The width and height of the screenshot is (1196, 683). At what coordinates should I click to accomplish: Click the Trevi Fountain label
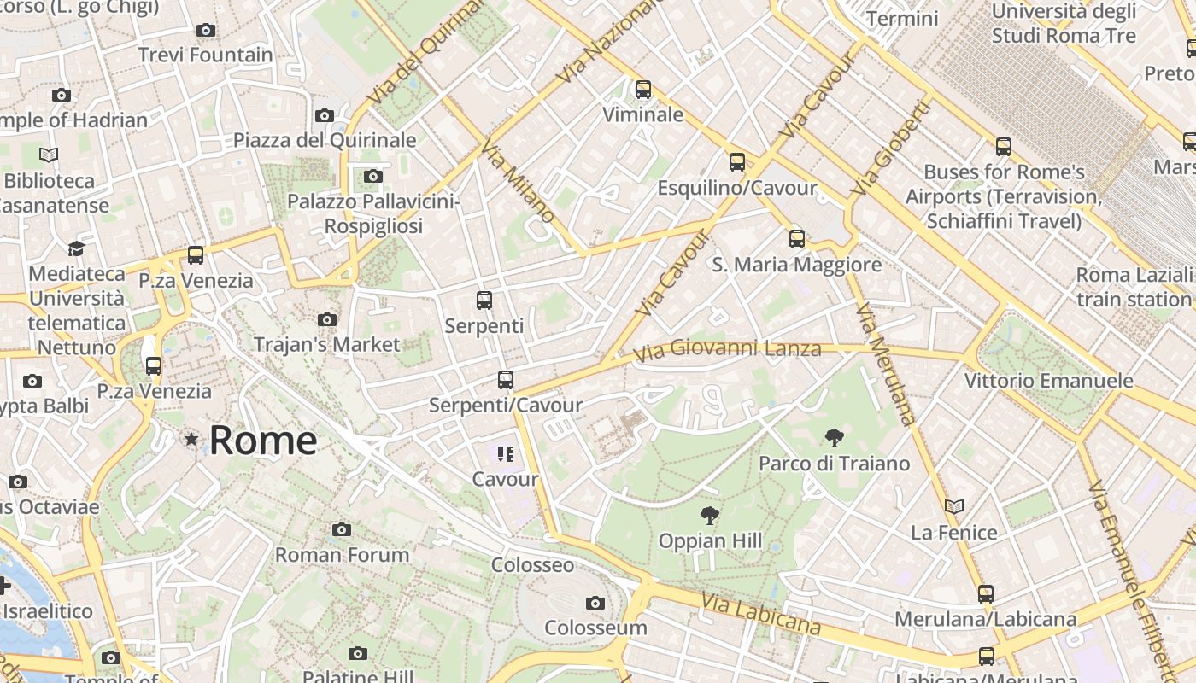[x=206, y=55]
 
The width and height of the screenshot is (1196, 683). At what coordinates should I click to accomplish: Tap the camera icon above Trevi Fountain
[x=205, y=31]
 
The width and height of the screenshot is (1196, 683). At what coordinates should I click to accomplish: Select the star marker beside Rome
[x=191, y=440]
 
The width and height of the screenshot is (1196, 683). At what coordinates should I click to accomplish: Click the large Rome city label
[x=263, y=441]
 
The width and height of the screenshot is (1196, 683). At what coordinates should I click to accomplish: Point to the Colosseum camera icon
[x=595, y=603]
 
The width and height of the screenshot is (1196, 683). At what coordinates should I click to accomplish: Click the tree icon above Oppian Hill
[x=709, y=515]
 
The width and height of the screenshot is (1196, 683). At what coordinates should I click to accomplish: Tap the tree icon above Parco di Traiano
[x=834, y=438]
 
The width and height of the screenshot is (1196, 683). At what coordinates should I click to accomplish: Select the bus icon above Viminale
[x=642, y=89]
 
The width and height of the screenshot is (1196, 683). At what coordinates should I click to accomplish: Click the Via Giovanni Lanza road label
[x=727, y=349]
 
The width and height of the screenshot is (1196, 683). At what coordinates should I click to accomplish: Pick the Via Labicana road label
[x=760, y=615]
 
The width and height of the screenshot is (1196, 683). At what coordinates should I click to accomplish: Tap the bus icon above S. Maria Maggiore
[x=797, y=239]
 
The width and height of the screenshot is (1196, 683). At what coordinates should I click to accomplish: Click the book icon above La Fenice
[x=954, y=507]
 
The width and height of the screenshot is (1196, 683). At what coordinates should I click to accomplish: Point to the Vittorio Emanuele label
[x=1048, y=381]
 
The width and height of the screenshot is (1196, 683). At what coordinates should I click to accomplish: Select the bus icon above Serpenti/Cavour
[x=506, y=380]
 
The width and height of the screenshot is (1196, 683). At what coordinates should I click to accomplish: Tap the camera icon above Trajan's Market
[x=326, y=319]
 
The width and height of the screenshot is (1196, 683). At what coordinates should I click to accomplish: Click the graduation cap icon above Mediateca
[x=77, y=248]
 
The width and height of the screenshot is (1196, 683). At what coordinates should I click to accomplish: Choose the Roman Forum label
[x=342, y=555]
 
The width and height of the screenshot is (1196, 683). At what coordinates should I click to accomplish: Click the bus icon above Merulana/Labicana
[x=986, y=593]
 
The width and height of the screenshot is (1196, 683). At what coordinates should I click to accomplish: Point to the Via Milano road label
[x=518, y=182]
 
